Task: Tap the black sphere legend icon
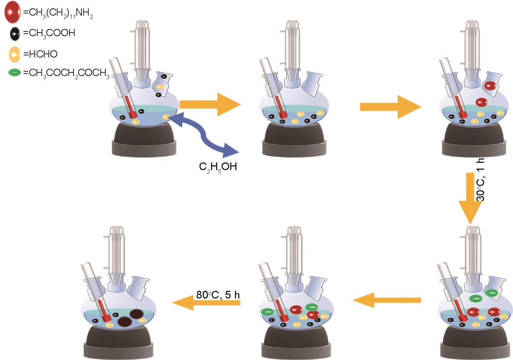[x=14, y=34]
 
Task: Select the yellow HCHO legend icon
[x=14, y=54]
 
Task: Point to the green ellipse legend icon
[x=14, y=73]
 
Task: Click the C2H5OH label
[x=218, y=167]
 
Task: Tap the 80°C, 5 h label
[x=218, y=295]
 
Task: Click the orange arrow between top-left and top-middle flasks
[x=210, y=105]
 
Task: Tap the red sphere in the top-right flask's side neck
[x=490, y=86]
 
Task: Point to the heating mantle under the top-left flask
[x=144, y=141]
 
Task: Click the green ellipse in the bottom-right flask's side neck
[x=492, y=292]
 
